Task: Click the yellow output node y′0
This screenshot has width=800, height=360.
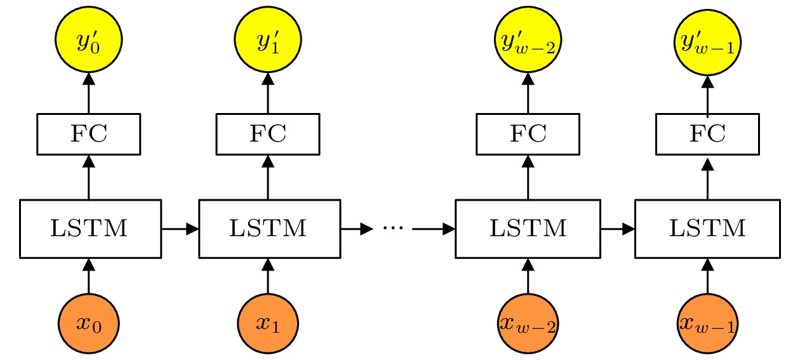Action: coord(88,41)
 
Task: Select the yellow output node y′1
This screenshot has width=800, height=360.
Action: coord(267,41)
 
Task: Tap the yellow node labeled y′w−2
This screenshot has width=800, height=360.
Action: coord(526,41)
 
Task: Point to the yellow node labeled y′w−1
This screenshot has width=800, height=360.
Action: coord(707,41)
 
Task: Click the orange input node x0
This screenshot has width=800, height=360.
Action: coord(88,324)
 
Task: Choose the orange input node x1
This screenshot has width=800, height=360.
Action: coord(267,324)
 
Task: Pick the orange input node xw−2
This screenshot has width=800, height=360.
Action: coord(526,324)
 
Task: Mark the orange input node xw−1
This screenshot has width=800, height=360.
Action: coord(707,324)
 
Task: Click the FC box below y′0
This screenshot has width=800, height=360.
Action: coord(88,134)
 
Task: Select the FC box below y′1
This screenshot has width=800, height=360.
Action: coord(267,134)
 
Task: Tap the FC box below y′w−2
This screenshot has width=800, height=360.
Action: coord(526,134)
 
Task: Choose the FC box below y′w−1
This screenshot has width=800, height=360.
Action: coord(707,134)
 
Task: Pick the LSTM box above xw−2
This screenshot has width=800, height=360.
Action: coord(528,229)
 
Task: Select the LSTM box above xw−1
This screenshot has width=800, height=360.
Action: coord(707,229)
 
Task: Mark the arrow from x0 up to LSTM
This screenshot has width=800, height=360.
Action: coord(88,276)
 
